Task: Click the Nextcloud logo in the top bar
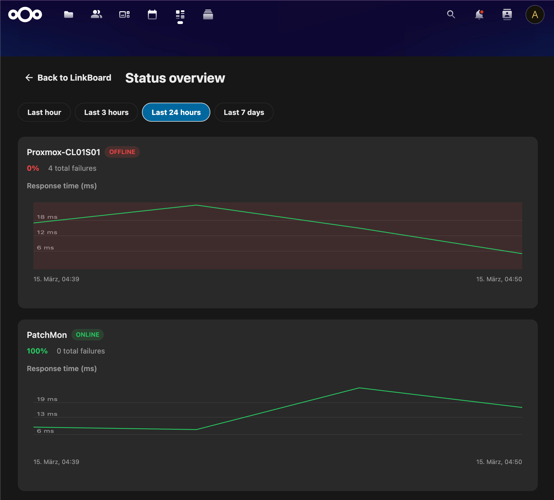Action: point(25,15)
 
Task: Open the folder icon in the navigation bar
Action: point(68,15)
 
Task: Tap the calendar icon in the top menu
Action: point(152,15)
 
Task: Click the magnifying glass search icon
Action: point(451,15)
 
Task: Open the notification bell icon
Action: point(479,15)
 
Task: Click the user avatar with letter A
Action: point(535,15)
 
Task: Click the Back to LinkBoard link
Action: point(68,78)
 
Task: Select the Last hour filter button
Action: point(44,112)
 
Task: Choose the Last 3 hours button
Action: point(106,112)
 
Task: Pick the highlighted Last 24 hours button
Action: point(176,112)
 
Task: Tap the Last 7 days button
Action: point(244,112)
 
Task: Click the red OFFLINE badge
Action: point(122,152)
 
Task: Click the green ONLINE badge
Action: point(88,335)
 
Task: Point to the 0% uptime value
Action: point(33,168)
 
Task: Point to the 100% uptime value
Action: point(37,351)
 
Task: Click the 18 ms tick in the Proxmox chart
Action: point(47,217)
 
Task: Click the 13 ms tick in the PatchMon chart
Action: point(47,414)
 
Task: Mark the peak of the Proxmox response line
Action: point(196,205)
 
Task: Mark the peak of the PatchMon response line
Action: point(359,388)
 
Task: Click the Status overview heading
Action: point(175,78)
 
